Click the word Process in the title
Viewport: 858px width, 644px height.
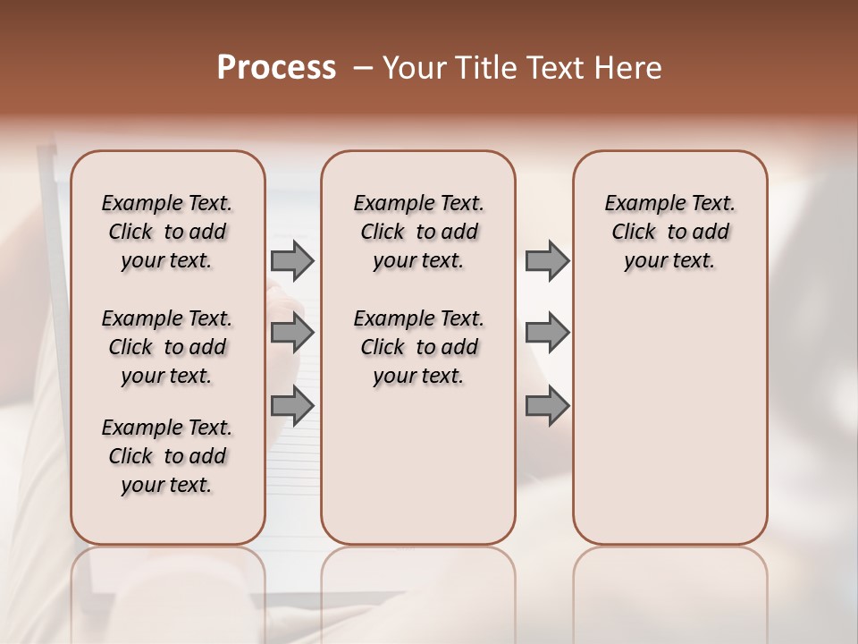coord(276,68)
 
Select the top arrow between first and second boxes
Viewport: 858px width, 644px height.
coord(292,260)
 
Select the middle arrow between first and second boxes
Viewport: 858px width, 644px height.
coord(292,333)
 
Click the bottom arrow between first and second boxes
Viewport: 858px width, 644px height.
coord(292,406)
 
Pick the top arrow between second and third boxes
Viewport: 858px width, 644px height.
coord(547,260)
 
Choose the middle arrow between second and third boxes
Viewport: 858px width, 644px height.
coord(547,333)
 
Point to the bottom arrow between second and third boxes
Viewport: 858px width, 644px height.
coord(547,406)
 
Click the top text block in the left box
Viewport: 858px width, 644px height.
coord(167,232)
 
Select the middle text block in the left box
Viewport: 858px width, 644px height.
coord(167,347)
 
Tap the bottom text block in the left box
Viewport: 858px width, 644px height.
coord(167,456)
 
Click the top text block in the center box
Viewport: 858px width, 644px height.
coord(418,232)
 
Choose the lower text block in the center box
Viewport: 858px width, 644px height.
coord(418,347)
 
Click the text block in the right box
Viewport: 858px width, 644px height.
coord(669,232)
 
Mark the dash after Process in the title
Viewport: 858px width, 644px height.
coord(363,69)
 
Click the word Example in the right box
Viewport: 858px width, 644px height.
coord(640,203)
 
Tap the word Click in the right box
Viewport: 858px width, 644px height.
coord(634,232)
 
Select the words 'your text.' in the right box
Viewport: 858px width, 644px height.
coord(669,260)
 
